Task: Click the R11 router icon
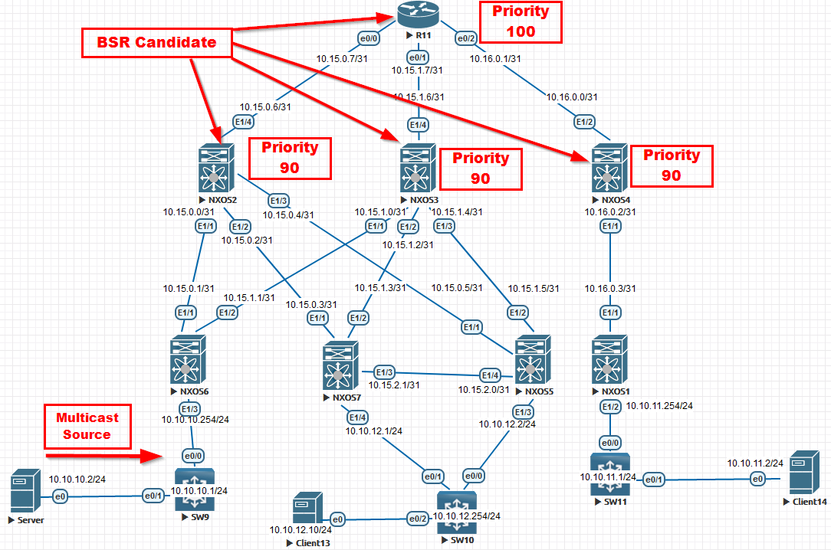(415, 14)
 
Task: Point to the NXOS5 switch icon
(534, 358)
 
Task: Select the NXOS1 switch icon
(610, 358)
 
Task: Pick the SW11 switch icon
(610, 473)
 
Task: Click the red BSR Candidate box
(156, 43)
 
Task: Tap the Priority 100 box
(521, 21)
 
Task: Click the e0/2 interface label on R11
(467, 38)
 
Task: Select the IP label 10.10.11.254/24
(660, 405)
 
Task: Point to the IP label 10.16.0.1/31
(494, 57)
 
